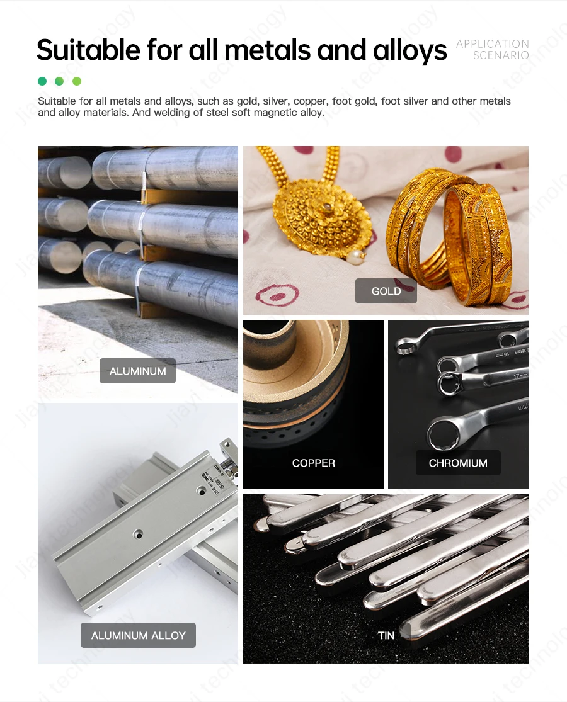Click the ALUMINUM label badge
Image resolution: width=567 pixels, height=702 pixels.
coord(137,371)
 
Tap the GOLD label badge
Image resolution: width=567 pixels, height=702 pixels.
coord(386,291)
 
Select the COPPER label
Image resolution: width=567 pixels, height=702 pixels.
coord(313,463)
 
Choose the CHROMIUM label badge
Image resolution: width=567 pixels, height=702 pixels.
coord(458,463)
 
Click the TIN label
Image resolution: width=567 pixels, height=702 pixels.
coord(386,635)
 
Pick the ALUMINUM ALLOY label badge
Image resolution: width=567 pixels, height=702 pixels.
coord(138,635)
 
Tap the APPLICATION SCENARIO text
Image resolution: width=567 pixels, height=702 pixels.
coord(493,50)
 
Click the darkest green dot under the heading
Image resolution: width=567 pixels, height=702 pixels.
coord(42,81)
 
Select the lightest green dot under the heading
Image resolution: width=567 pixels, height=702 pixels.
coord(77,81)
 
